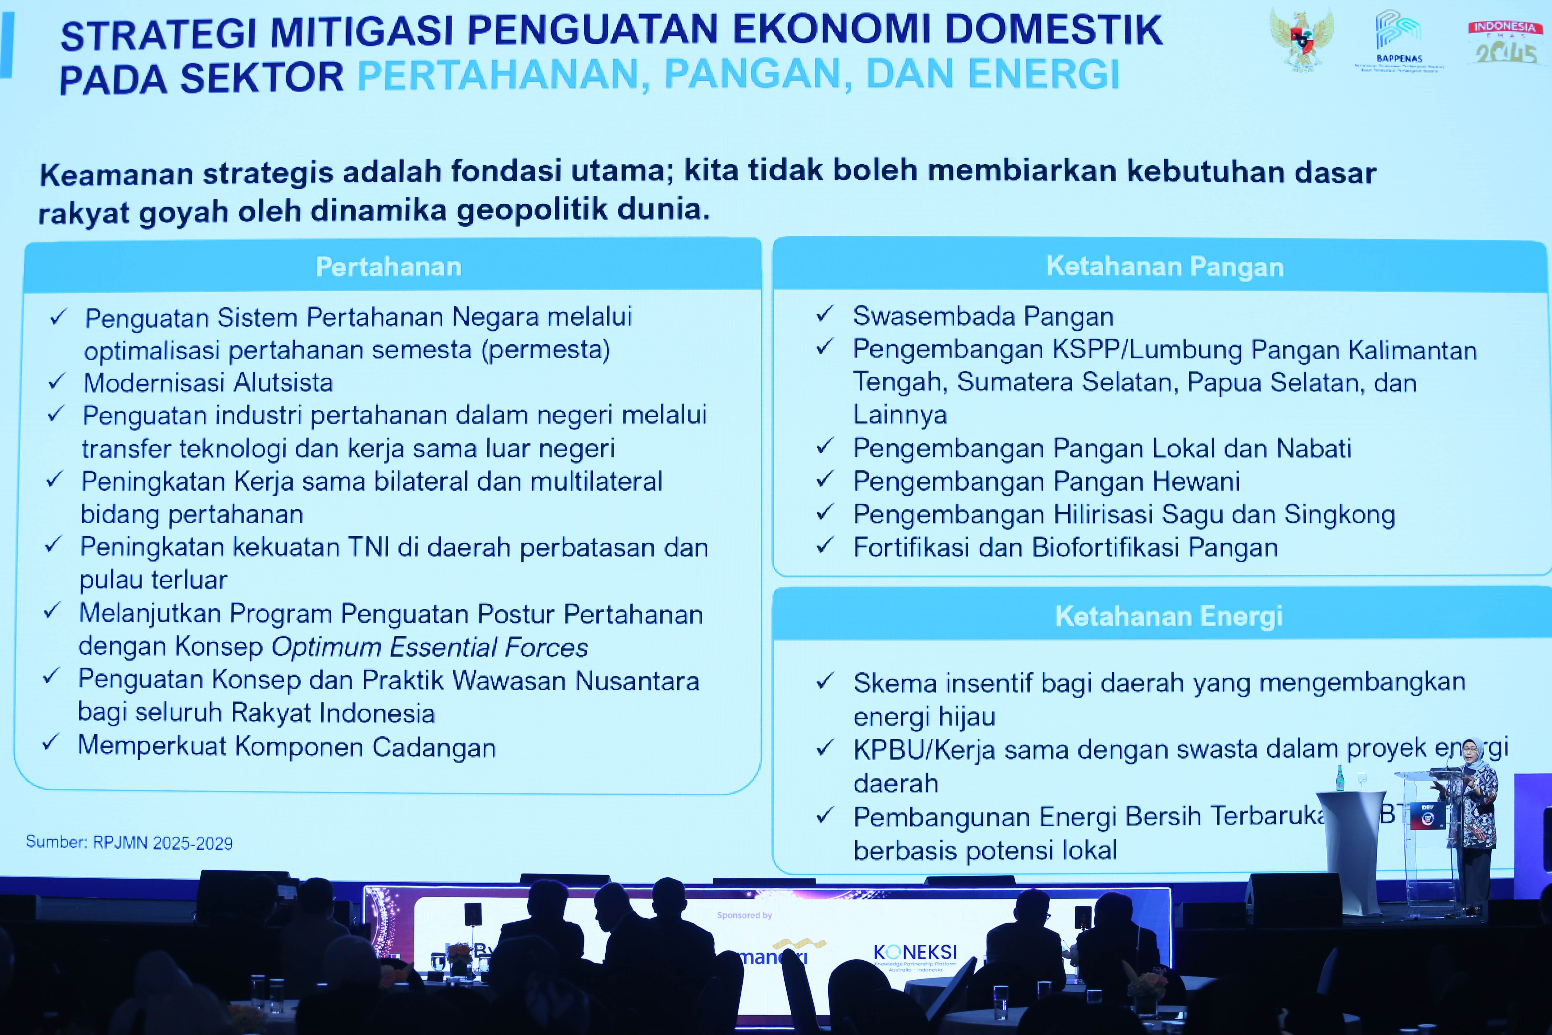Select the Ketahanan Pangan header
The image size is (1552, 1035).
pyautogui.click(x=1165, y=266)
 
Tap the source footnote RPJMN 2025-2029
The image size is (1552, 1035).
pyautogui.click(x=129, y=843)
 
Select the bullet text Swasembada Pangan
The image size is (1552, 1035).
pyautogui.click(x=983, y=316)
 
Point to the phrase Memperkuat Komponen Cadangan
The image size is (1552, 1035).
pyautogui.click(x=286, y=747)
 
